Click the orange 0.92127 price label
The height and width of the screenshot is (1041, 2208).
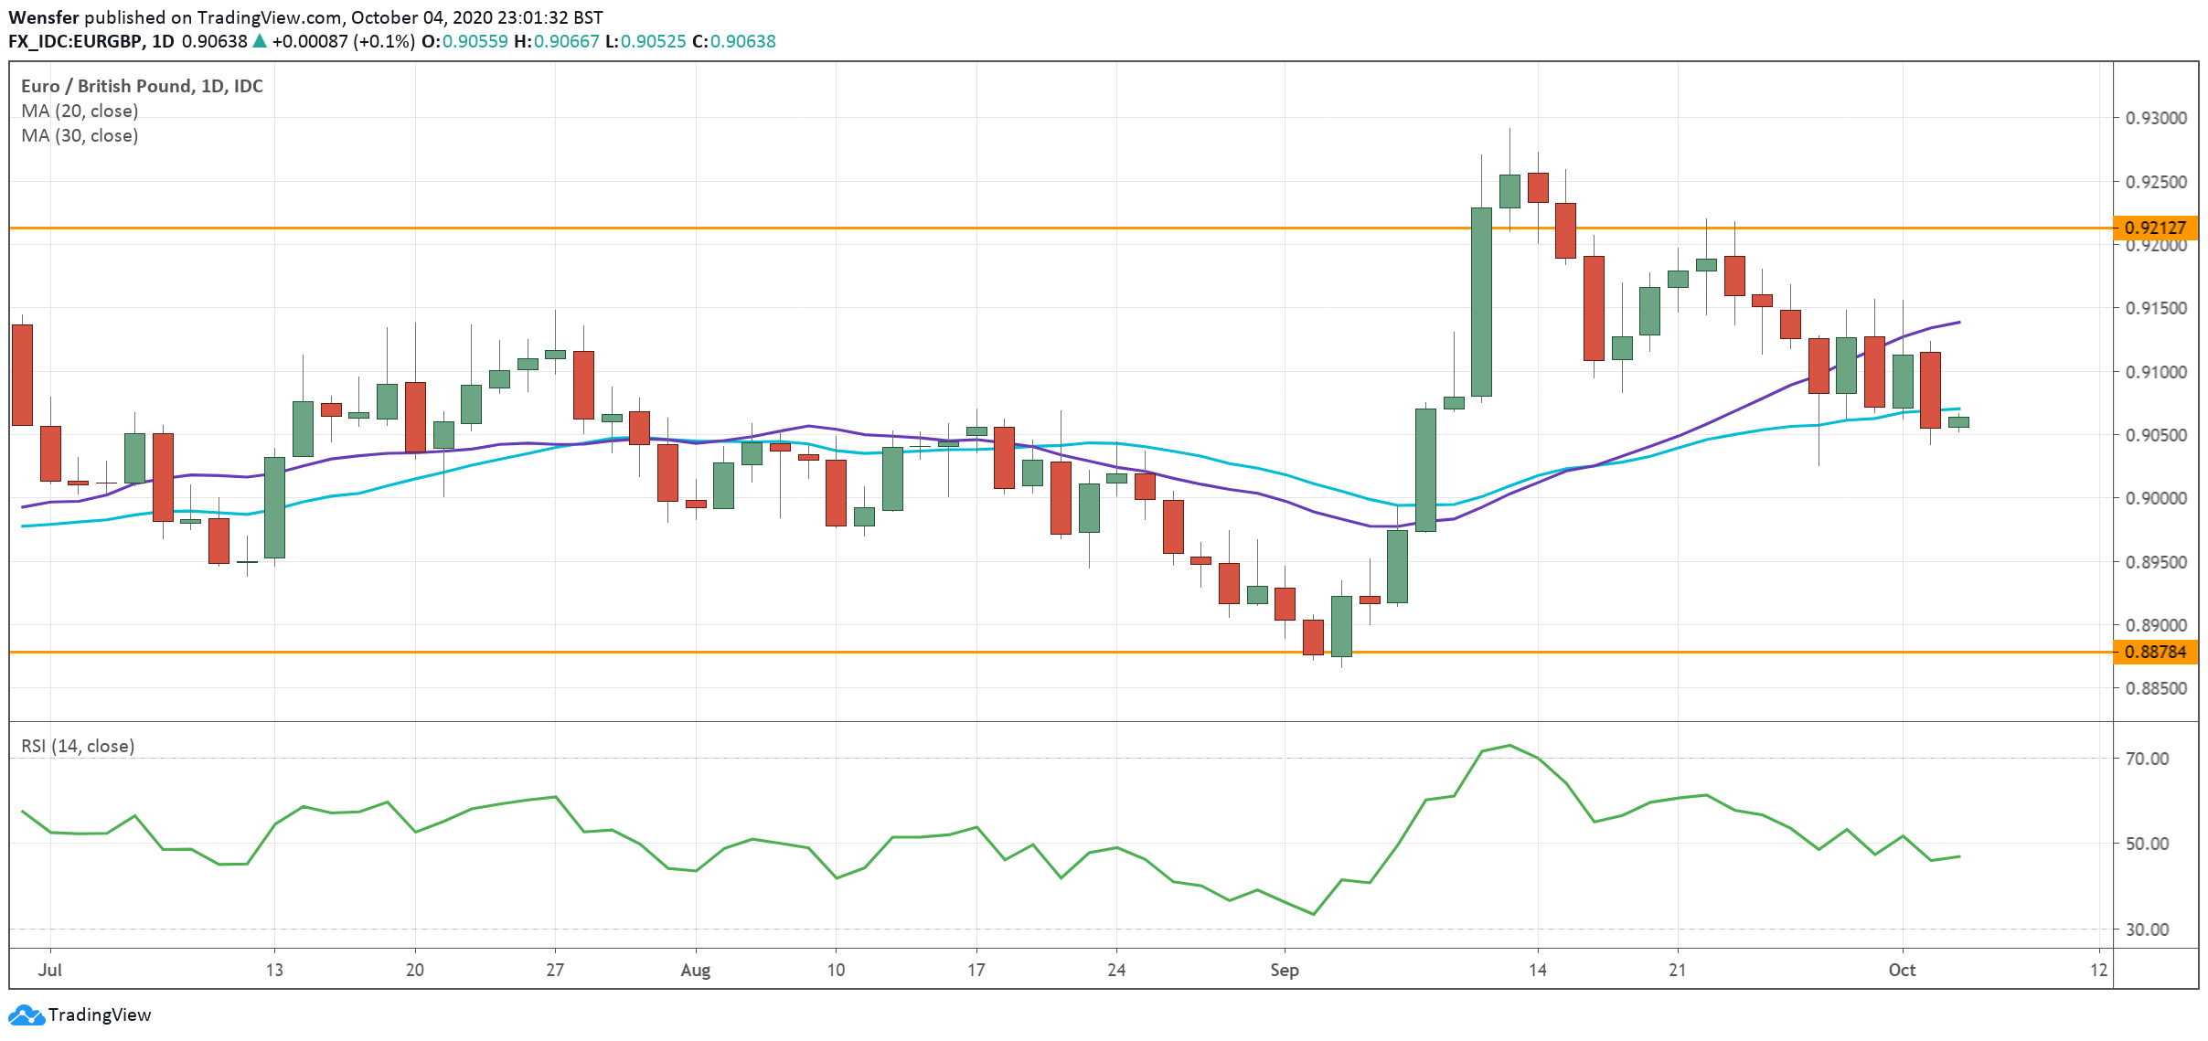pos(2154,228)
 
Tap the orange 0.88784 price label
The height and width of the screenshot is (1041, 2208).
pos(2154,652)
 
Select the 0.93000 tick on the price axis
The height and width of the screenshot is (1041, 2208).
pos(2155,118)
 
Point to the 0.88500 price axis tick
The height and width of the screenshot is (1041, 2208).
pos(2155,688)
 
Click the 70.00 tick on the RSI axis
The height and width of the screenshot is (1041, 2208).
pos(2146,759)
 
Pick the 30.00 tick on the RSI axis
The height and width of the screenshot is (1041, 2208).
pos(2146,929)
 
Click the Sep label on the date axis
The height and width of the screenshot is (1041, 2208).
pos(1284,970)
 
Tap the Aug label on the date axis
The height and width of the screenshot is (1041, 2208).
pos(695,970)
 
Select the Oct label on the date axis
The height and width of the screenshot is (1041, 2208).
pos(1902,970)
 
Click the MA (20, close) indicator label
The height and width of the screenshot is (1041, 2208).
pos(80,111)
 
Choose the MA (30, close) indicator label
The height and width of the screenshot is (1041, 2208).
pos(80,135)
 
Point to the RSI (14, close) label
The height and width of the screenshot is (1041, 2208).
pos(78,746)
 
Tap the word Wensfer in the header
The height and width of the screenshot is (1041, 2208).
pos(43,17)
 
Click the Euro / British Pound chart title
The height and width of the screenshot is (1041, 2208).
pos(142,86)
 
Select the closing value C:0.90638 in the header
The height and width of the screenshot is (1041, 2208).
pos(733,41)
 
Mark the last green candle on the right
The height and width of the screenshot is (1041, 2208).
pos(1958,421)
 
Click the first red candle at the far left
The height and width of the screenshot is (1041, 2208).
pos(22,375)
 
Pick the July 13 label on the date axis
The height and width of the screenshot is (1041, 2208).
pos(274,970)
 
